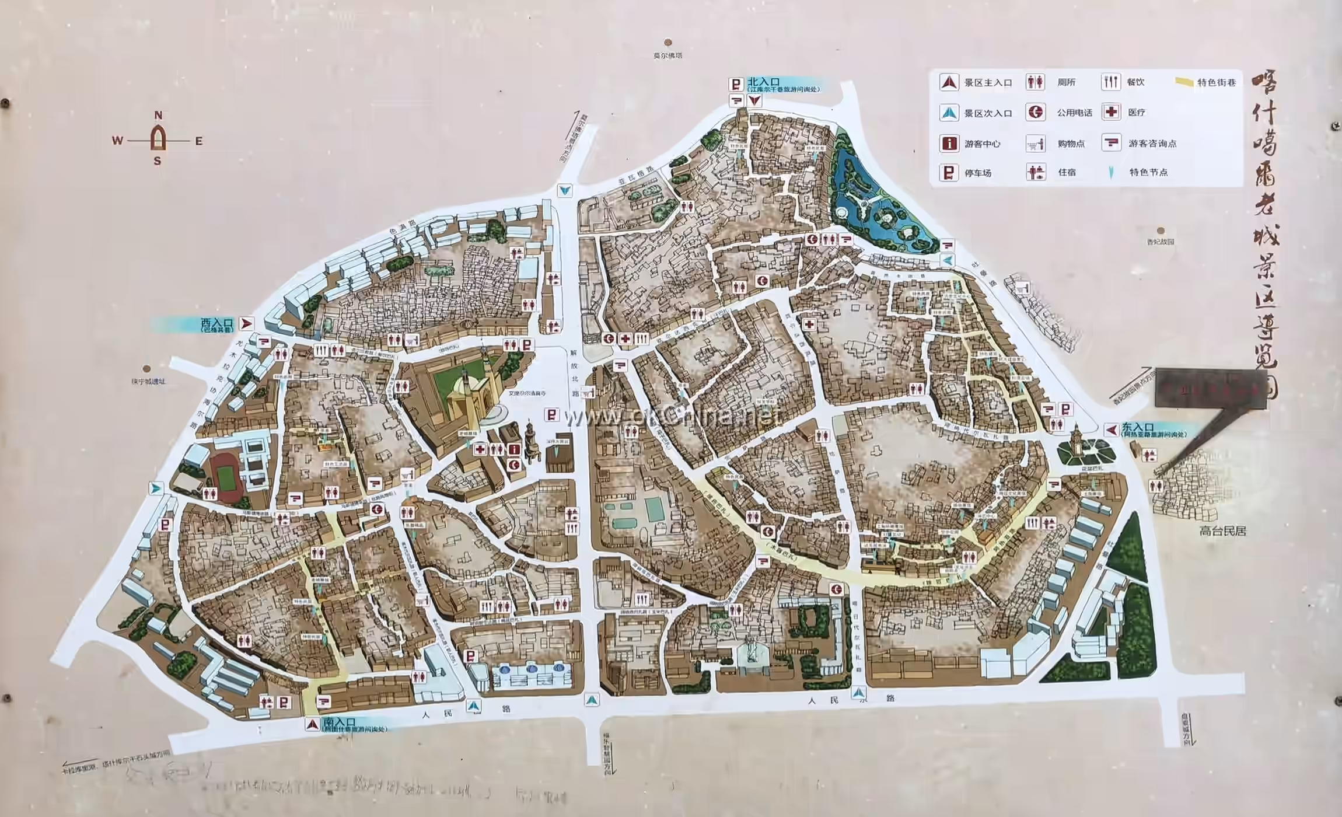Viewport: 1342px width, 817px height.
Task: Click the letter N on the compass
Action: [x=158, y=116]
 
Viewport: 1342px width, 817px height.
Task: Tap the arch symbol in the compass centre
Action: [x=158, y=139]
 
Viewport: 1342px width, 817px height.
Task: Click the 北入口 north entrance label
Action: [x=764, y=82]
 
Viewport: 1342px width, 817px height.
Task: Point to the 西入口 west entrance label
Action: [x=216, y=323]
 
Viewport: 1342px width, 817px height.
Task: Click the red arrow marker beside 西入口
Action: [x=246, y=323]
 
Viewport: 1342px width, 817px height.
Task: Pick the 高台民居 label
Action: [x=1222, y=531]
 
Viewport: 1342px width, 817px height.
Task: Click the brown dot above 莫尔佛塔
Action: [x=668, y=42]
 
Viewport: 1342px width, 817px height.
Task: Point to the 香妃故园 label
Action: [x=1160, y=242]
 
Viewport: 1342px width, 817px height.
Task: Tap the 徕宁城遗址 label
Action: [x=148, y=381]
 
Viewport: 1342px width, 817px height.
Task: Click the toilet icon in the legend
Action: [x=1035, y=82]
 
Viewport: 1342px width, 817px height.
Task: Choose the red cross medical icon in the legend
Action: [x=1111, y=112]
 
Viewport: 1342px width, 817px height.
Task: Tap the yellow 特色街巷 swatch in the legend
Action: [x=1184, y=82]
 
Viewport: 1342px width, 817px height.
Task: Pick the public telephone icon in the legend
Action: [x=1036, y=112]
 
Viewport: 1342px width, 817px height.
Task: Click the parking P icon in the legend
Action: [x=949, y=173]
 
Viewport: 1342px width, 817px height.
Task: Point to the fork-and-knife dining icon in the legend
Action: [x=1110, y=82]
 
